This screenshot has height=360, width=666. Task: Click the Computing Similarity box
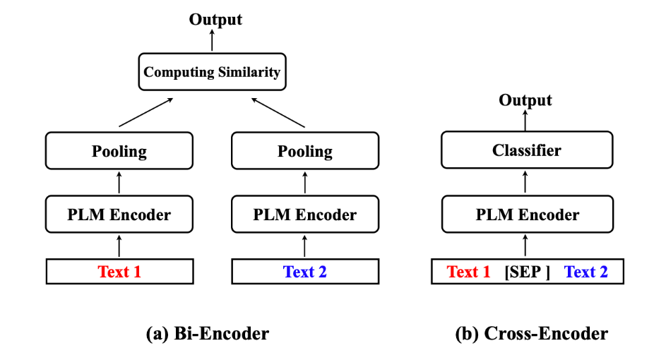(x=212, y=72)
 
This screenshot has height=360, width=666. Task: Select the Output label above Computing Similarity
(x=215, y=19)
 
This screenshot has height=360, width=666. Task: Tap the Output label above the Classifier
(x=525, y=100)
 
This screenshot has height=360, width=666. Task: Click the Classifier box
(x=527, y=150)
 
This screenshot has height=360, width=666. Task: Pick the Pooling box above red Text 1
(x=119, y=152)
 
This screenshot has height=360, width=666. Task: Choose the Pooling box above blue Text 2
(x=304, y=152)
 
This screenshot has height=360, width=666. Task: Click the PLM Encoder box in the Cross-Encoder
(x=527, y=215)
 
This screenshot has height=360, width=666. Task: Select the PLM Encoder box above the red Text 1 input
(x=119, y=215)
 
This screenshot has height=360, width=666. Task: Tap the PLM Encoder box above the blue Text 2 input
(x=304, y=215)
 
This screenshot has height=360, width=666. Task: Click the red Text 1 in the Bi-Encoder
(x=119, y=272)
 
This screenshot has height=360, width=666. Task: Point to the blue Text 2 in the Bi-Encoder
(x=304, y=272)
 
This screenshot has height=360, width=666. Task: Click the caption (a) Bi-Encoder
(x=207, y=333)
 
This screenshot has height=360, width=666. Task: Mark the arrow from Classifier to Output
(x=525, y=120)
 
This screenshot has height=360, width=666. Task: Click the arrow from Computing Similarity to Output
(x=212, y=41)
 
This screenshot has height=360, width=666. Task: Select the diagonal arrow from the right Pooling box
(x=278, y=113)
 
